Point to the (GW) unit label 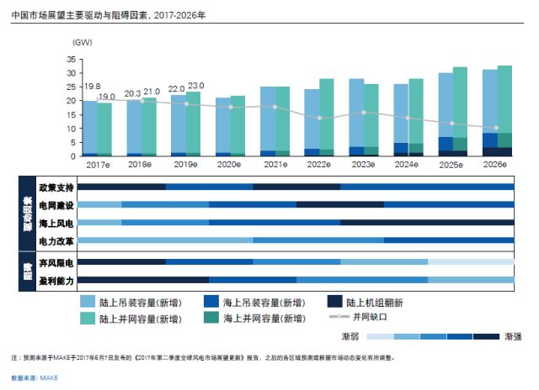[83, 42]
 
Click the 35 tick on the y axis [71, 59]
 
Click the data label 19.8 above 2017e [92, 87]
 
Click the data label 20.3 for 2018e [133, 93]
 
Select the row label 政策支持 [56, 187]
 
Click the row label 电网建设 [56, 205]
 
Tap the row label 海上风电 [56, 224]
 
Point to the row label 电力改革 [56, 242]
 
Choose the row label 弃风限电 [56, 263]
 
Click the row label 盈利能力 [56, 280]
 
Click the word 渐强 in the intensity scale [511, 335]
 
